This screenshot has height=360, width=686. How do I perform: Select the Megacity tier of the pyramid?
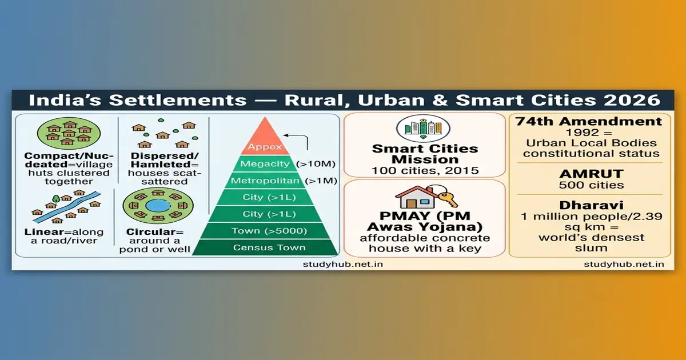pos(265,165)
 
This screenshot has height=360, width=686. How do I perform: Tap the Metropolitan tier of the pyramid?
pos(265,181)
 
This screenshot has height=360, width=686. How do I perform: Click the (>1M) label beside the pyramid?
pos(323,181)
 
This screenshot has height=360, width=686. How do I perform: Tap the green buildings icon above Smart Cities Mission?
pos(424,127)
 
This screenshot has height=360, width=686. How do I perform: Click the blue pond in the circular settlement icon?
pos(154,205)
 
